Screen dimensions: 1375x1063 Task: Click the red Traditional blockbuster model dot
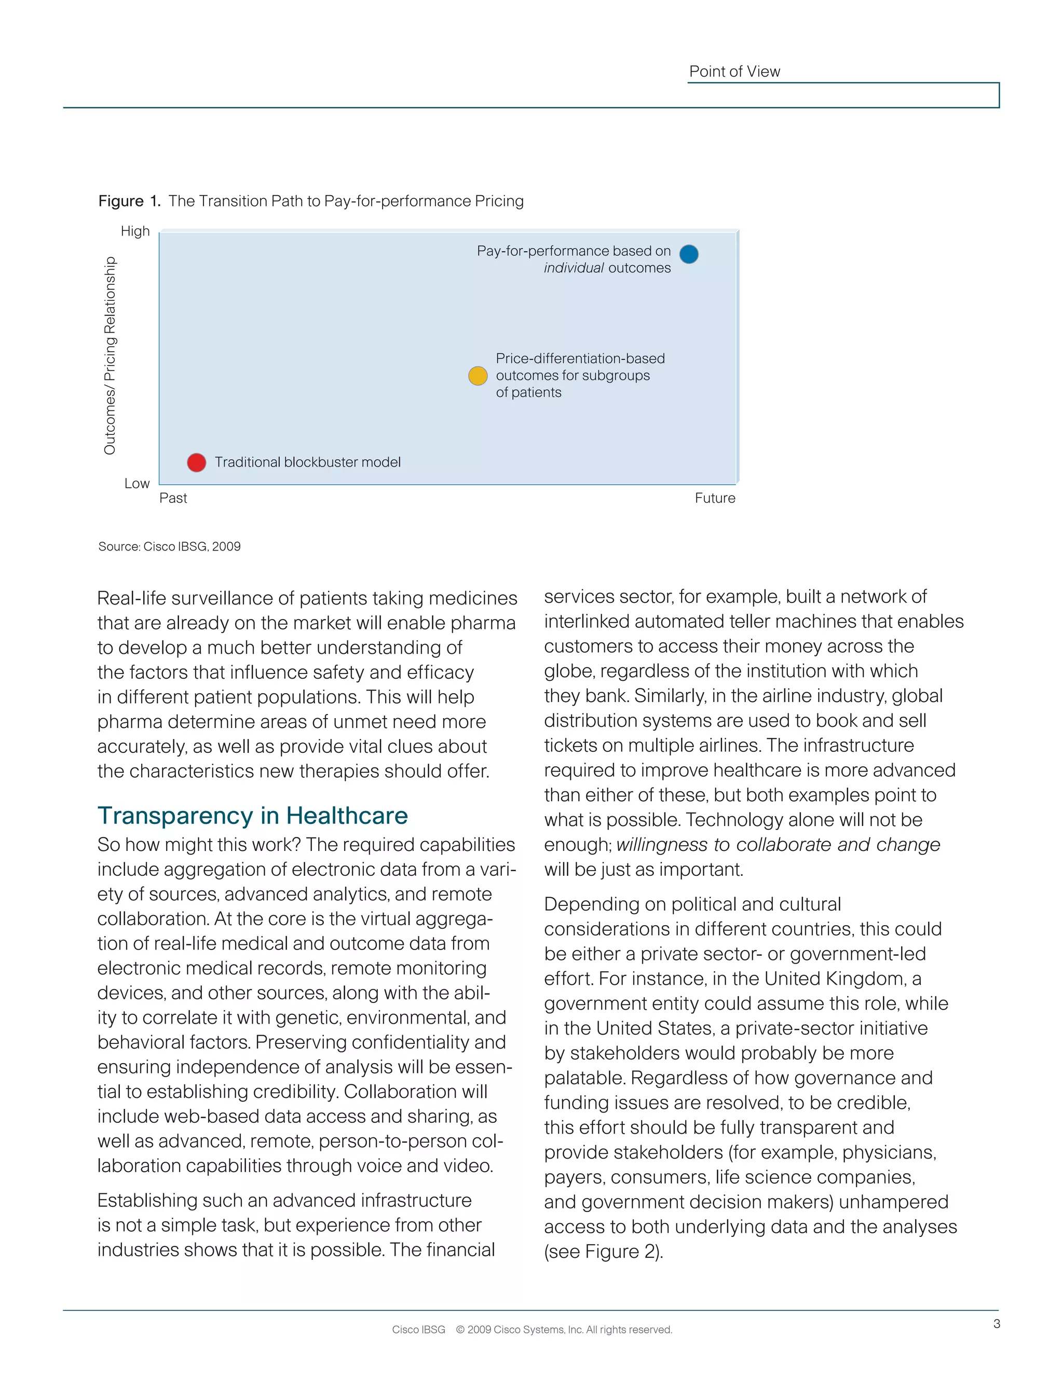[x=197, y=463]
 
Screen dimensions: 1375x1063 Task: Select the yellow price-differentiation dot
[x=478, y=376]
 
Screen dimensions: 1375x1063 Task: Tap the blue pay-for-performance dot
[x=689, y=254]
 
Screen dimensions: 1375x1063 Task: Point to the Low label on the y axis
[x=137, y=484]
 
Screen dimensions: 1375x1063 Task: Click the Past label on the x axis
[x=173, y=499]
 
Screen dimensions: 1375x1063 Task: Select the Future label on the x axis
[x=715, y=499]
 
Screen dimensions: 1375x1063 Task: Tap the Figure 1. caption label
[x=129, y=201]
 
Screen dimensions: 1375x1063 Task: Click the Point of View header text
[x=734, y=72]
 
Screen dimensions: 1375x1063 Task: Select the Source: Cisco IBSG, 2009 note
[x=169, y=546]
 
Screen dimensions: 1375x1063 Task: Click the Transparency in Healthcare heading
[x=253, y=815]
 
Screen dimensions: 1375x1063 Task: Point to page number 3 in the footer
[x=996, y=1324]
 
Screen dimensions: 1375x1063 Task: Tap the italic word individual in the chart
[x=573, y=268]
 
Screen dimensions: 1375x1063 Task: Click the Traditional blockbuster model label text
[x=307, y=463]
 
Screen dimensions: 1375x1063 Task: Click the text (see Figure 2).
[x=603, y=1252]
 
